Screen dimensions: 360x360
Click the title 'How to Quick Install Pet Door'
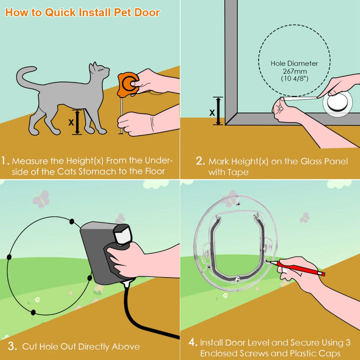coord(82,12)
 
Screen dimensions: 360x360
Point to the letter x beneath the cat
coord(71,121)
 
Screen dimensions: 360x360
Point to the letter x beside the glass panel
coord(212,112)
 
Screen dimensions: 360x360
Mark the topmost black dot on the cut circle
coord(71,221)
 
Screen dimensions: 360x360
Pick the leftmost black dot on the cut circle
coord(9,256)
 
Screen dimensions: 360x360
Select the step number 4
coord(192,343)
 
